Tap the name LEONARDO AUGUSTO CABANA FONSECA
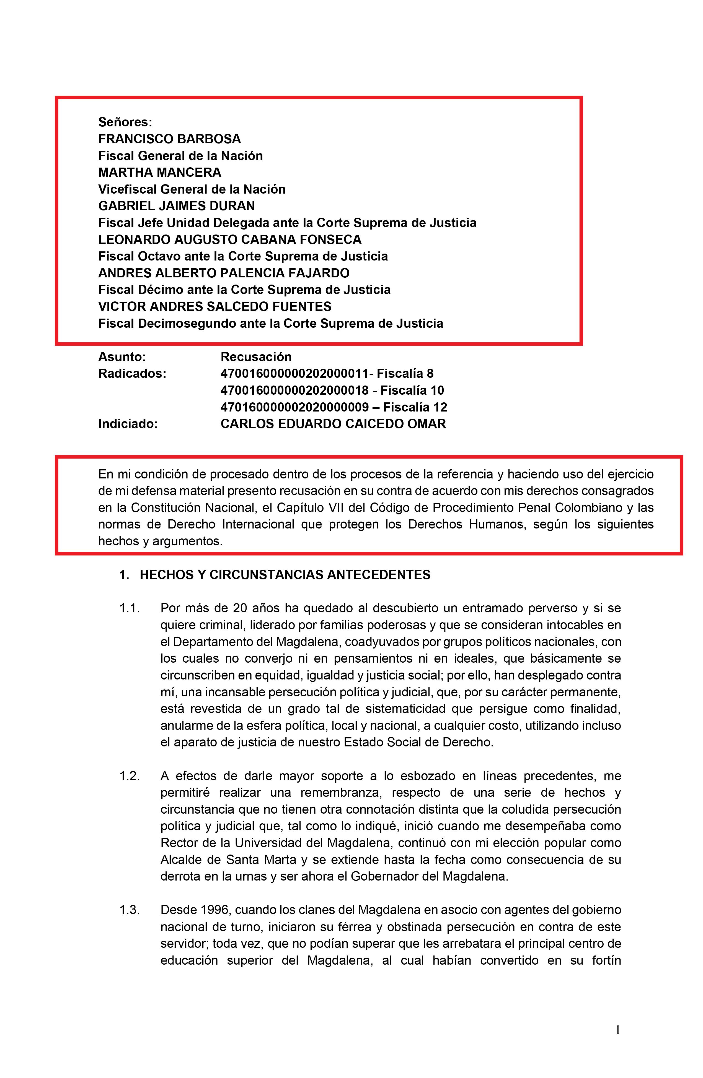pos(230,239)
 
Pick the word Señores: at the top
pos(125,122)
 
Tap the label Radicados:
pos(132,373)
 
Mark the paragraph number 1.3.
pos(129,910)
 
